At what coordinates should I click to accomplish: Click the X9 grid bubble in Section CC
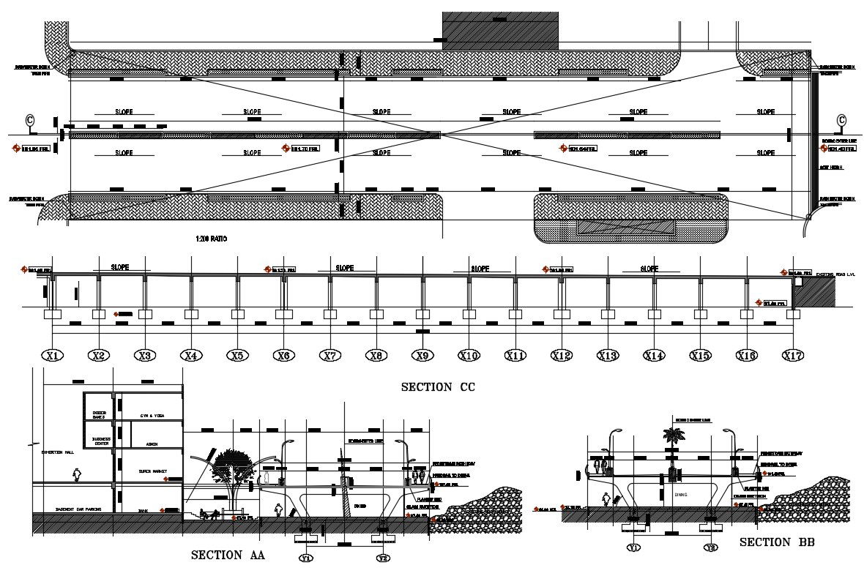(421, 356)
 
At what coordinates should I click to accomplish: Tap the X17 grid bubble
(793, 356)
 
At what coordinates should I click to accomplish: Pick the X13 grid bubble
(607, 356)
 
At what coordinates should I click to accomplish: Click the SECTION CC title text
(437, 387)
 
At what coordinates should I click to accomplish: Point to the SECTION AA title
(227, 555)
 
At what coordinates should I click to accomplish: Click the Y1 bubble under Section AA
(306, 558)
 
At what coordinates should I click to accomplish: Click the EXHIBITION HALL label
(55, 454)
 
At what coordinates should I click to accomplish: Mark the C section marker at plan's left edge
(30, 120)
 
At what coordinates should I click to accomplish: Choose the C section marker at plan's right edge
(841, 120)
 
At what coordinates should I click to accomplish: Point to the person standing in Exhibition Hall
(76, 476)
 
